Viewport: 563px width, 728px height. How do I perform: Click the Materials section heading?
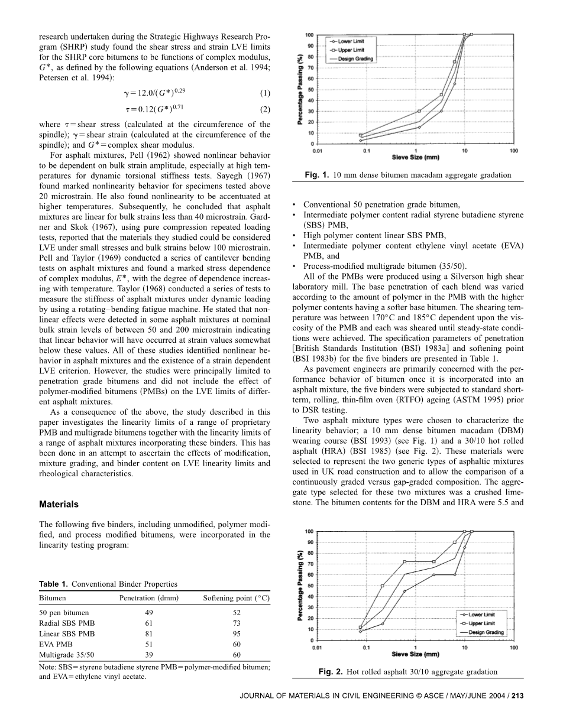[59, 505]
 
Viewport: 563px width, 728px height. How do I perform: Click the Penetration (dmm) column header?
[149, 598]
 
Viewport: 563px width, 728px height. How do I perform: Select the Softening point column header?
[236, 598]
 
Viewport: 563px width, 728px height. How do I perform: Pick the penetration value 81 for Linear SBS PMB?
[148, 633]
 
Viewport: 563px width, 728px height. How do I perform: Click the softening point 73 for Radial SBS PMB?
[236, 623]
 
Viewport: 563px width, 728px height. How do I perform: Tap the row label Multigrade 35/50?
[63, 655]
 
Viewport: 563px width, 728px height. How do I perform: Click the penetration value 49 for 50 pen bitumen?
[148, 612]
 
